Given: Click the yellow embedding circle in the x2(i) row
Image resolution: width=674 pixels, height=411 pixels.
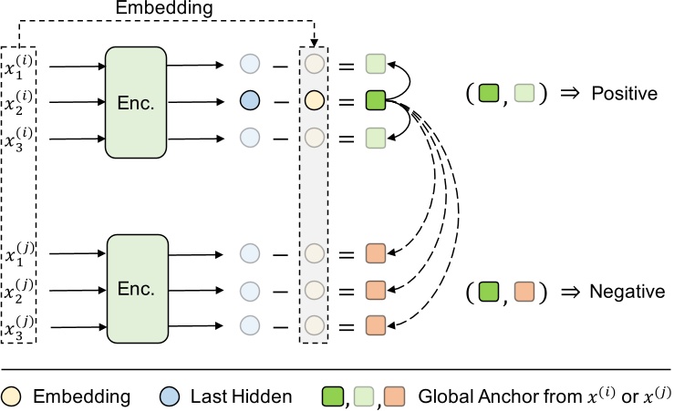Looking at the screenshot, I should (315, 101).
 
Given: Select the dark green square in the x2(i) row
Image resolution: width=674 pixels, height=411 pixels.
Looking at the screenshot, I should (376, 101).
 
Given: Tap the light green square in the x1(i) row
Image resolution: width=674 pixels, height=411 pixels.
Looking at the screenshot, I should (376, 65).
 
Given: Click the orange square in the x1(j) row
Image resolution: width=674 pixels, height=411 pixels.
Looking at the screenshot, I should (376, 253).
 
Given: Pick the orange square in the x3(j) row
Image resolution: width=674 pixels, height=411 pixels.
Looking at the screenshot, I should (376, 325).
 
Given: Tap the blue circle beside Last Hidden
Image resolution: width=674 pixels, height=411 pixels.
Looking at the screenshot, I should (175, 396).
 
